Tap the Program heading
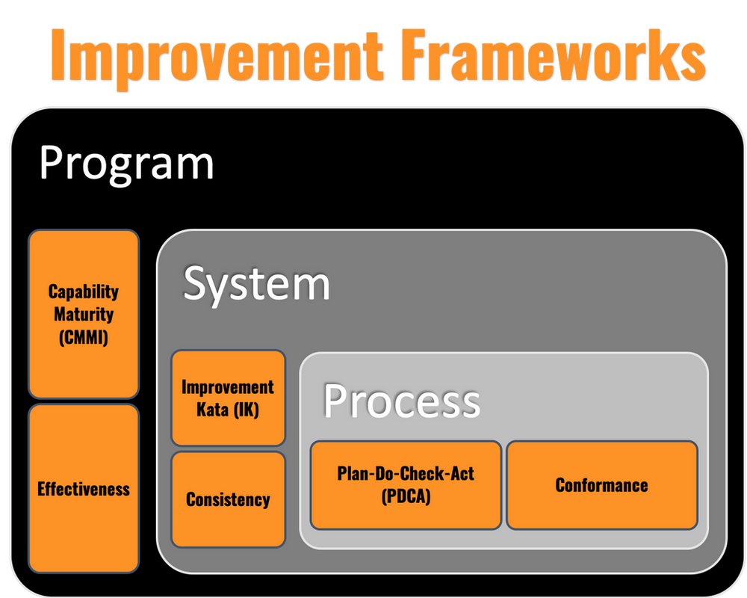point(126,162)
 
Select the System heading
point(256,284)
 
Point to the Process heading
point(401,401)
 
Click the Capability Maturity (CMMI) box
point(84,313)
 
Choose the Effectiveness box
point(84,489)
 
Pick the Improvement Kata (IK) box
point(228,398)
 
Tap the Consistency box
point(228,499)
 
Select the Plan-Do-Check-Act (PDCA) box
point(406,484)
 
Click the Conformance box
point(601,484)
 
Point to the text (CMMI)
point(84,338)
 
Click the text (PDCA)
point(406,496)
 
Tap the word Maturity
point(84,315)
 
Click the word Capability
point(84,292)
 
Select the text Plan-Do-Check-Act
point(406,473)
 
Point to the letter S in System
point(196,284)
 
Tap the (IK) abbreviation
point(247,410)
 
